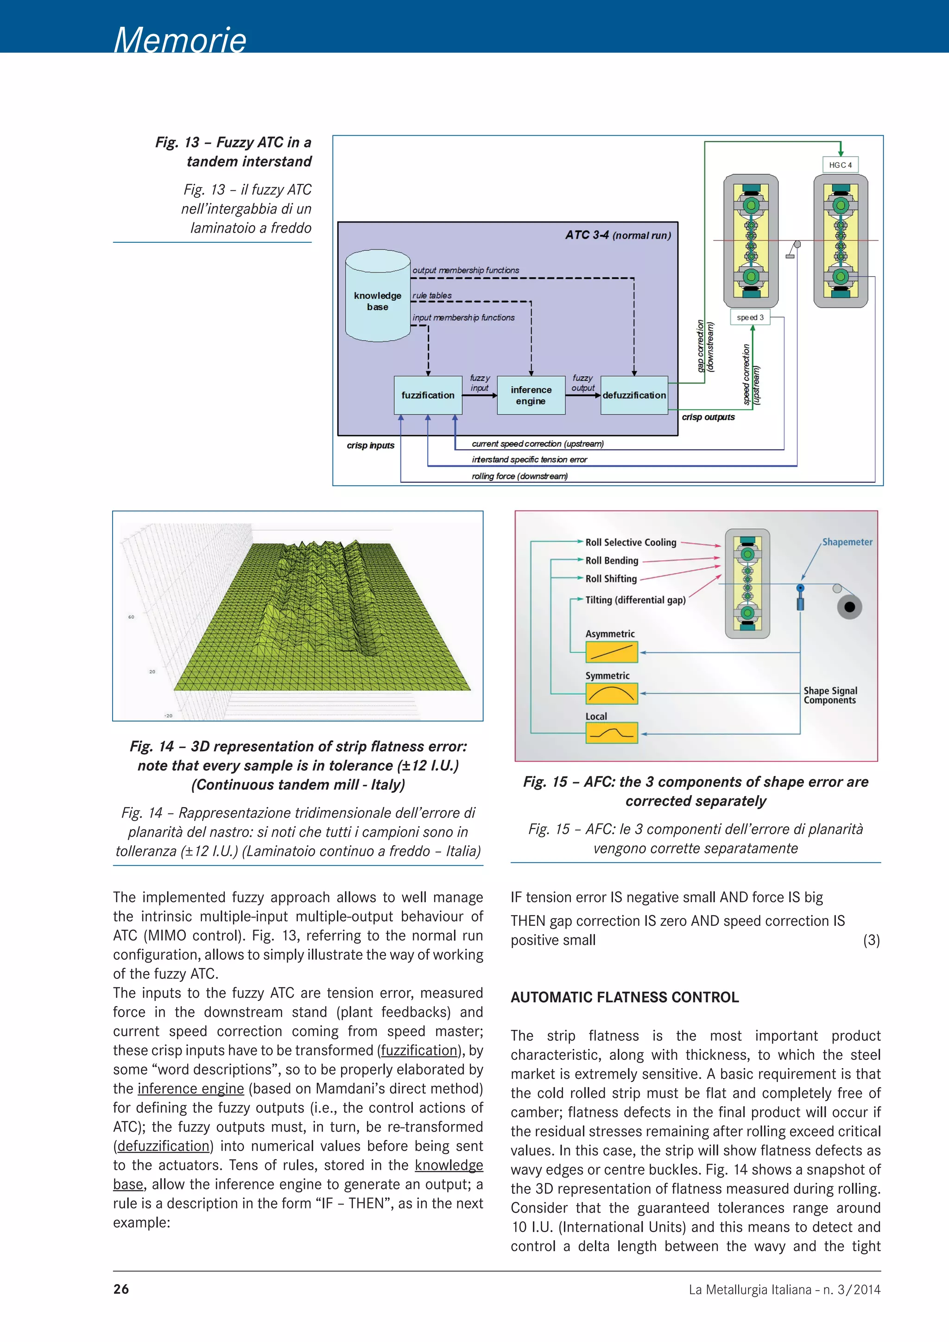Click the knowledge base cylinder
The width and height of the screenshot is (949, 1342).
378,298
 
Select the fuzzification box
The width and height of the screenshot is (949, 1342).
428,396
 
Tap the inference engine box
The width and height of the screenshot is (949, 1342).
531,396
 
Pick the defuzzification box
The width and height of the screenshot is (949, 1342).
634,396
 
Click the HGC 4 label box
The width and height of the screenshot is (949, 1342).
840,165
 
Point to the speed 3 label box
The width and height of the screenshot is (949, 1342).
750,317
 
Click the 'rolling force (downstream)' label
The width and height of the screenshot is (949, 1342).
519,476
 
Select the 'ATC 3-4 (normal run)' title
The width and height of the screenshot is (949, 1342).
618,235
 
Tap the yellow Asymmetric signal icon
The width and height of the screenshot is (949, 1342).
611,652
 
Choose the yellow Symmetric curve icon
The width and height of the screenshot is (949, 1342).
611,694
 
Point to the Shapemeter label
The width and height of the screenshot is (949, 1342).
847,542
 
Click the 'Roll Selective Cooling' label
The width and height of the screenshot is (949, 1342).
631,543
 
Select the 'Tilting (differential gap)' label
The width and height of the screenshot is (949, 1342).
635,600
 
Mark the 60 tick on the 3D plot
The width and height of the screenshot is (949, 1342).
131,617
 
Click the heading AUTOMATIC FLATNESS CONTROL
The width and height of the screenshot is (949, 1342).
624,998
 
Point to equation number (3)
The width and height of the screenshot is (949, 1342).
871,940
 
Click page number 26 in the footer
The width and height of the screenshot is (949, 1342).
121,1289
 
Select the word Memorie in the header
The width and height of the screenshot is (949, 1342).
180,40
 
